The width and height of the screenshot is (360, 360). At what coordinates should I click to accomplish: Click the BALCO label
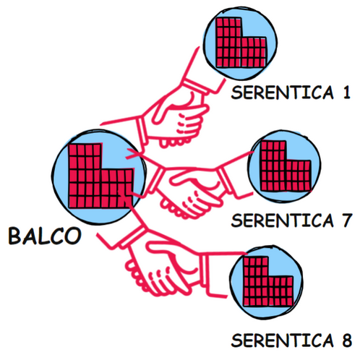[x=45, y=236]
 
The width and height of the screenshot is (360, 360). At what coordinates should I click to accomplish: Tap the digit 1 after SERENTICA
[x=346, y=93]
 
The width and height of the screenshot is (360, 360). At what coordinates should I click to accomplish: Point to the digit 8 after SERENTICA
[x=346, y=340]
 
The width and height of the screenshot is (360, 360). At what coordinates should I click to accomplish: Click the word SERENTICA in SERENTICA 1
[x=282, y=93]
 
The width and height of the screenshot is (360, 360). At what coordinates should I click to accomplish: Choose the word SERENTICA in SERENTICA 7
[x=282, y=220]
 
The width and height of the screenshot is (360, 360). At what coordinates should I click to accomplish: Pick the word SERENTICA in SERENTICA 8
[x=282, y=340]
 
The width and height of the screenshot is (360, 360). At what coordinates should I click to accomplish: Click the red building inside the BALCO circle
[x=100, y=176]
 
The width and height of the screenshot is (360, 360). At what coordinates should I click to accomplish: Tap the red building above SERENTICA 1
[x=241, y=43]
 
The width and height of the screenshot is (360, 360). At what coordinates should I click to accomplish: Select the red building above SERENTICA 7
[x=286, y=166]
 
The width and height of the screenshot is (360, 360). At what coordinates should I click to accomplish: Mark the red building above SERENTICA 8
[x=268, y=281]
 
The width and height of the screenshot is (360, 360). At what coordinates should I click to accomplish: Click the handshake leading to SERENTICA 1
[x=173, y=113]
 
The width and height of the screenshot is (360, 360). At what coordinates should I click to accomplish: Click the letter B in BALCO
[x=15, y=236]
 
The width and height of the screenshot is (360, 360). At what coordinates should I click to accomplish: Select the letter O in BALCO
[x=73, y=236]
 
